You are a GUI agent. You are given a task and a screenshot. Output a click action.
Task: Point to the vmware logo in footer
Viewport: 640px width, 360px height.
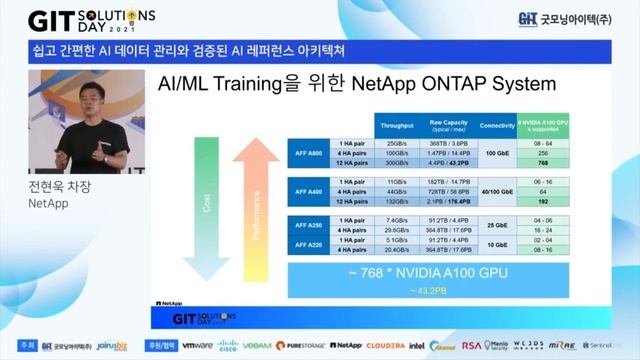coord(197,345)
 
